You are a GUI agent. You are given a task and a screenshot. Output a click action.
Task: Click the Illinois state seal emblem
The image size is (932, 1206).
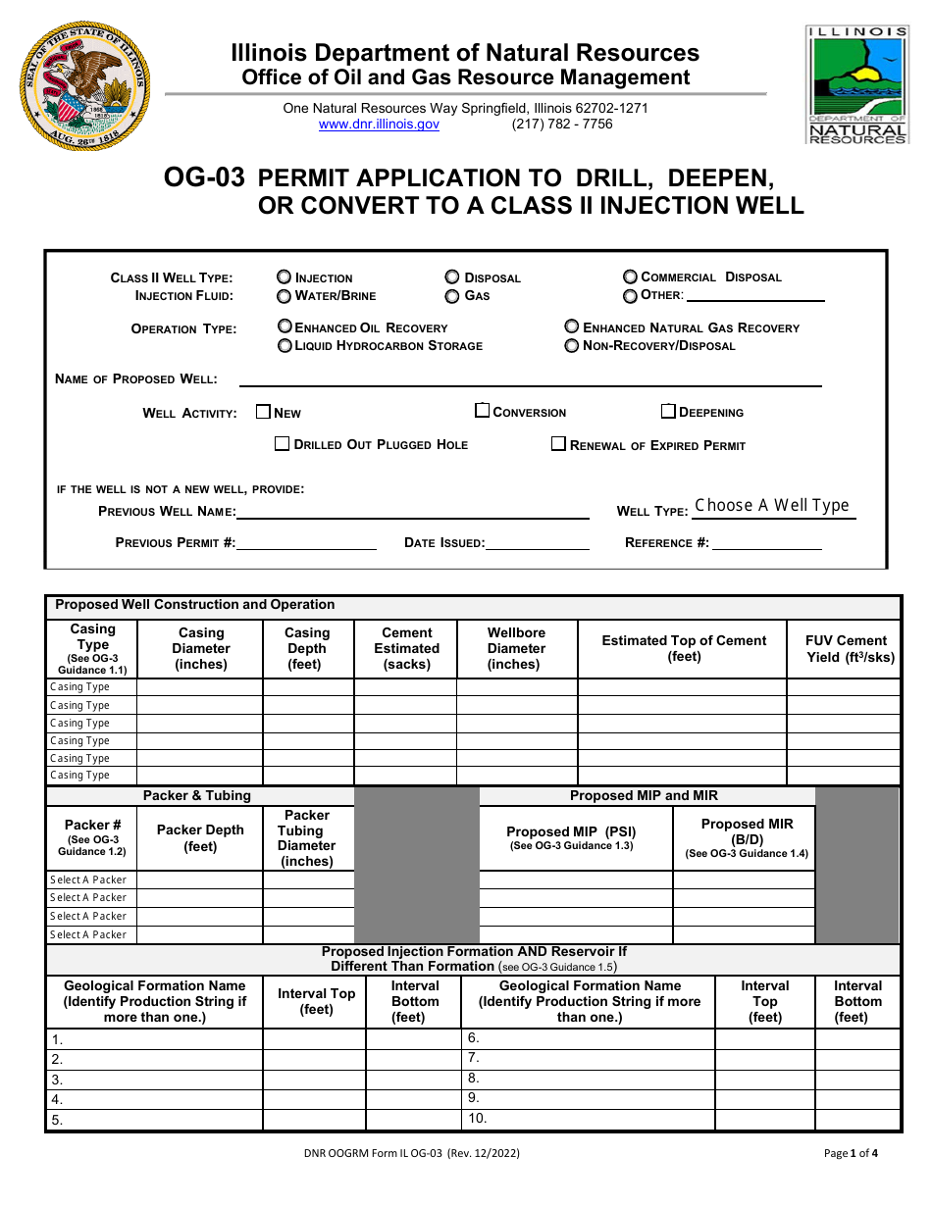[x=85, y=85]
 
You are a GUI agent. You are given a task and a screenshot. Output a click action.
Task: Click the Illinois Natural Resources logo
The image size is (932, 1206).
[x=856, y=85]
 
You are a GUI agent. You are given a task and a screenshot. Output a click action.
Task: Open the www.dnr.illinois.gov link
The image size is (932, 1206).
[x=379, y=125]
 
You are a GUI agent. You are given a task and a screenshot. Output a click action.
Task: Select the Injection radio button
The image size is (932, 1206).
[x=285, y=277]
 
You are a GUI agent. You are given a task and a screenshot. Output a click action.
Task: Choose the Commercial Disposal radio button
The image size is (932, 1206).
[x=630, y=276]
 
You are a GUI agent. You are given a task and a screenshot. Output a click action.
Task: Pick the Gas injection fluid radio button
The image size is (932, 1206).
[x=452, y=295]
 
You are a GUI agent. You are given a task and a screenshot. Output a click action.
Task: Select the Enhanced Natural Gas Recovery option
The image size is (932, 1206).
[x=572, y=327]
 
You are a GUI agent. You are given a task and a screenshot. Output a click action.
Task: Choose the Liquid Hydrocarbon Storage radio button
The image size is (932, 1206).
[x=285, y=345]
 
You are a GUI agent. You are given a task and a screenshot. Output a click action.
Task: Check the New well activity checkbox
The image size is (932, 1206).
[x=263, y=412]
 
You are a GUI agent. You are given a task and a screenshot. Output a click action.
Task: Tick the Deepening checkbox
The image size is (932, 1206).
[x=668, y=412]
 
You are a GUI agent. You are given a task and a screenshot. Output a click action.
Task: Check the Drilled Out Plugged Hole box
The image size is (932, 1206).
[x=283, y=444]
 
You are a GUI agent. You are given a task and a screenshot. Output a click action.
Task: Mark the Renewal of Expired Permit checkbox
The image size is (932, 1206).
[x=558, y=444]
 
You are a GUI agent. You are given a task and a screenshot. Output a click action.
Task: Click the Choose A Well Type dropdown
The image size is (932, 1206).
[x=772, y=506]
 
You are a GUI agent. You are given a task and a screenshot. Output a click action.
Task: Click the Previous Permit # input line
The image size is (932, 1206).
[x=306, y=542]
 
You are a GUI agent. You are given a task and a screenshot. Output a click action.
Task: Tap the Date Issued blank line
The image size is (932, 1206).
[x=538, y=542]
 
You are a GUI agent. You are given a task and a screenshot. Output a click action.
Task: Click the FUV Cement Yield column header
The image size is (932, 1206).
[x=845, y=649]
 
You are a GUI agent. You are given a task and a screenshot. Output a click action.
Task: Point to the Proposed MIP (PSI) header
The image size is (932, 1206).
[x=571, y=831]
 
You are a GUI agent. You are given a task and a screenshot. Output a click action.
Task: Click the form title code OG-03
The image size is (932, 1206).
[x=204, y=177]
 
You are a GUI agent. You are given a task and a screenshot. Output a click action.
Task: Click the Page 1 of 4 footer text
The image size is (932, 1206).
[x=851, y=1153]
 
